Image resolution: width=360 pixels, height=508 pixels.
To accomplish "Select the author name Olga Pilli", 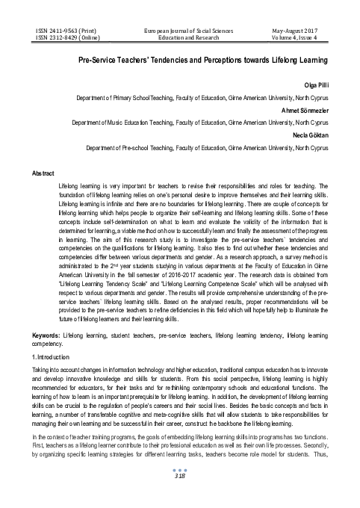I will coord(315,84).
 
